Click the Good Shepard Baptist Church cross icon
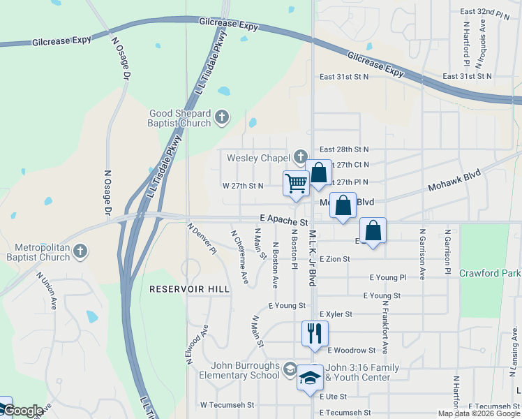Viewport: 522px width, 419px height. [x=222, y=117]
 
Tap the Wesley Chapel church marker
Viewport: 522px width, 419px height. [x=301, y=157]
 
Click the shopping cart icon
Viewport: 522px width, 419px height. [x=296, y=184]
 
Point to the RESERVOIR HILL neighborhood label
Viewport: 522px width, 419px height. [x=179, y=288]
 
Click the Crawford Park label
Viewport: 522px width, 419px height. [x=490, y=273]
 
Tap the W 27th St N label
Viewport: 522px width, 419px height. [x=243, y=186]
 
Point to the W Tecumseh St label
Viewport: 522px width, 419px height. [x=225, y=404]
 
